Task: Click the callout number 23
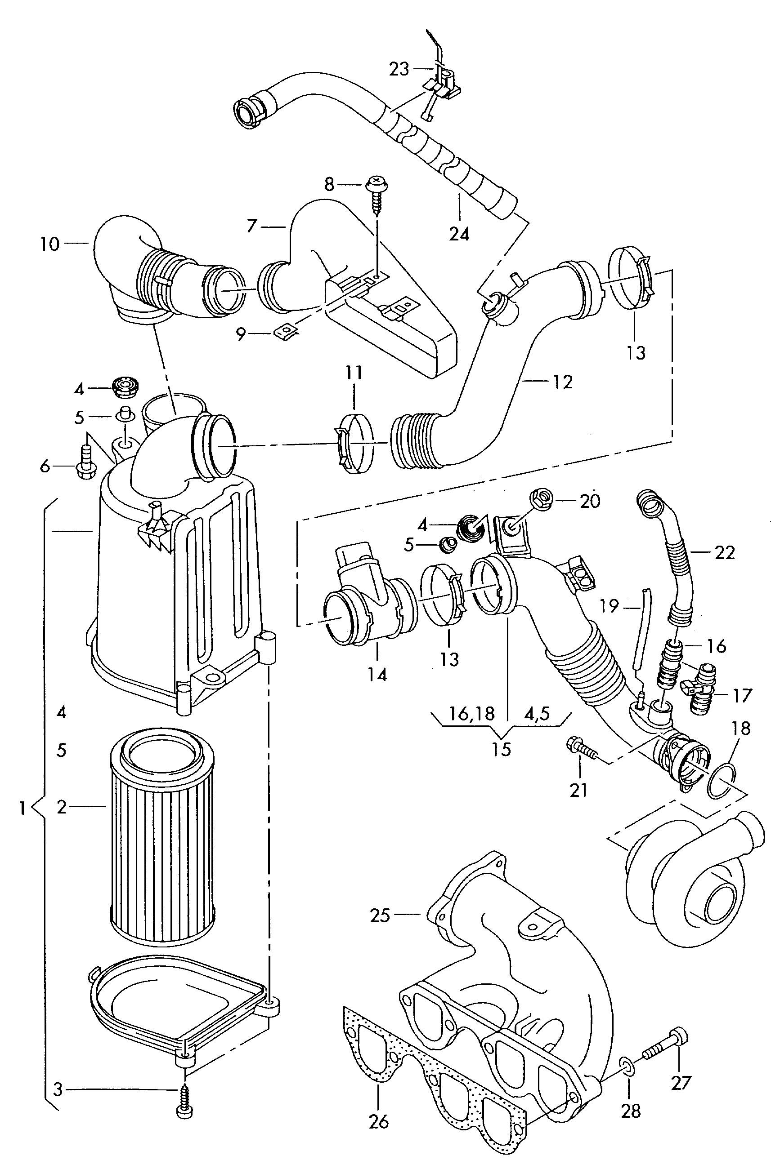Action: pos(399,69)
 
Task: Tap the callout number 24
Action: pos(459,234)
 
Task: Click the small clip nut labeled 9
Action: pos(283,333)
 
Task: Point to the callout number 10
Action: pos(49,244)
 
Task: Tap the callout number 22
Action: pos(725,552)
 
